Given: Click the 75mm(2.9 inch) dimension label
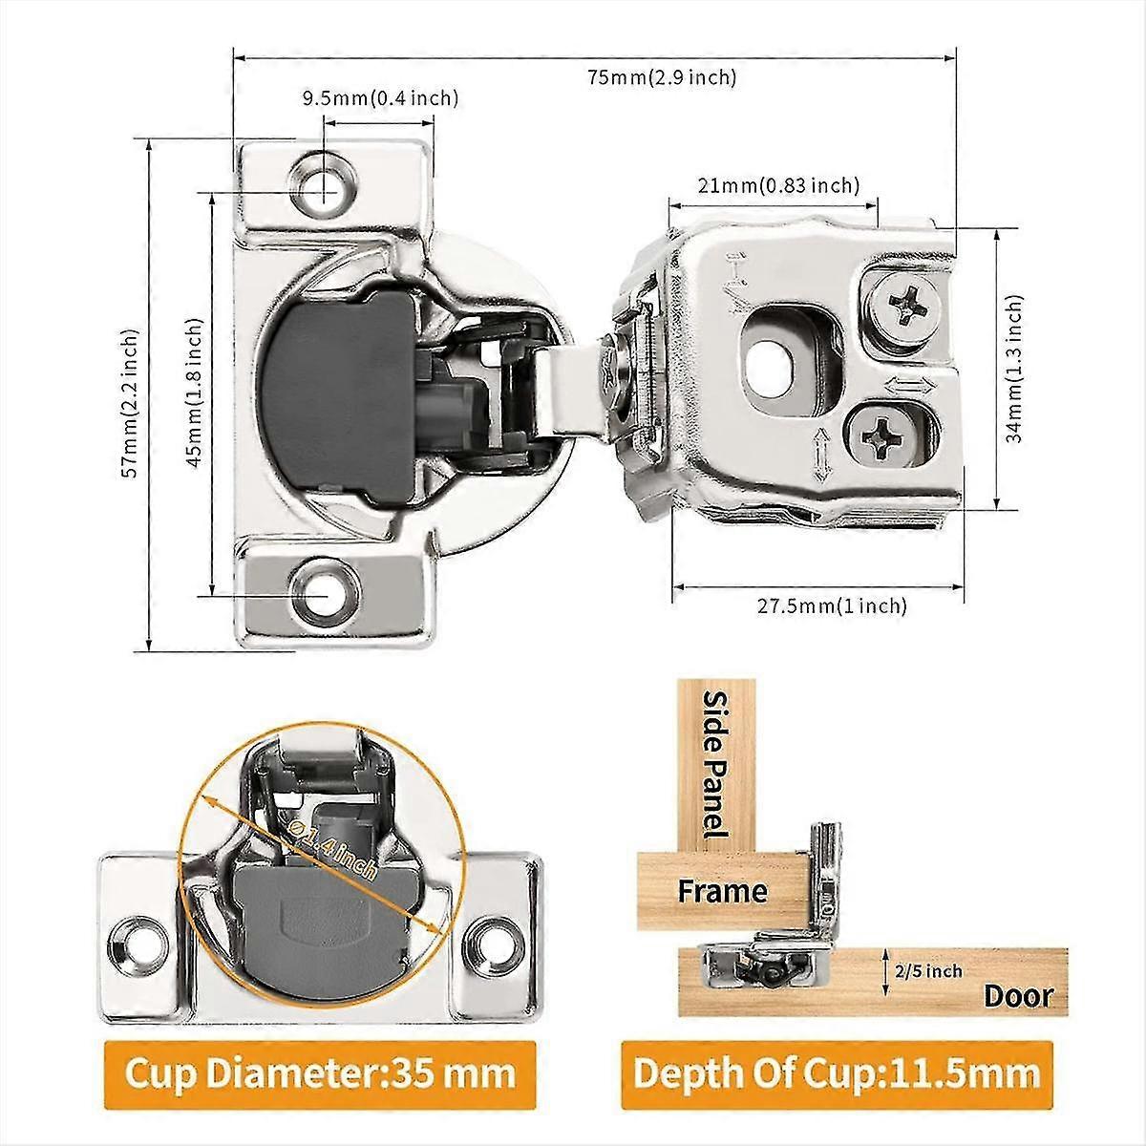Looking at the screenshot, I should click(x=662, y=77).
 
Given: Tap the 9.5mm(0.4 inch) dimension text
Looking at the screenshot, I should click(x=380, y=97).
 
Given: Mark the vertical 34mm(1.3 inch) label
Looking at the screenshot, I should click(x=1013, y=368).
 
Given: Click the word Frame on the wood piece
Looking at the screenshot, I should click(x=722, y=892).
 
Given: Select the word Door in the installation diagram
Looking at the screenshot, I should click(x=1018, y=996).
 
